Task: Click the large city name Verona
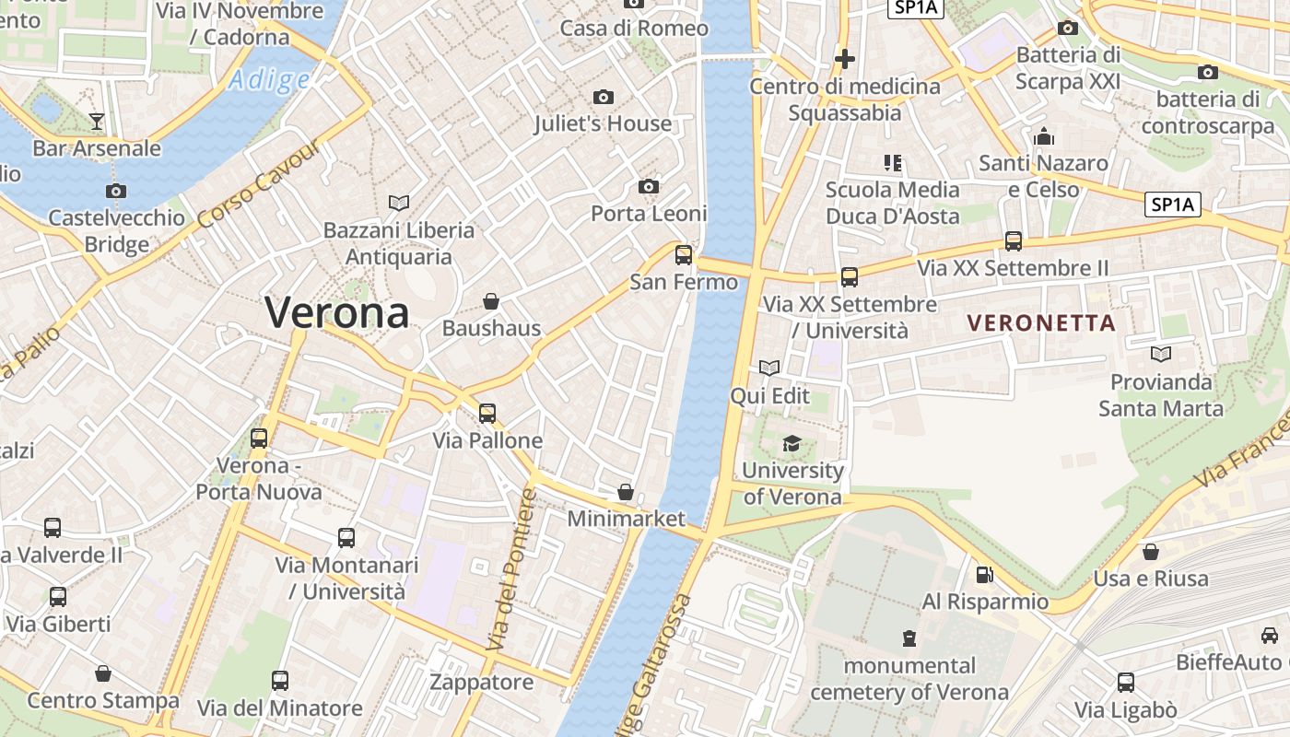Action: [337, 313]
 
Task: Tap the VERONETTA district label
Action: [1042, 323]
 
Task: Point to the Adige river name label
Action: [269, 80]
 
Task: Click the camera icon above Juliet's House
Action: [604, 97]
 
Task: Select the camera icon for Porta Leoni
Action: [649, 187]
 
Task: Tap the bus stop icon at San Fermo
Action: [684, 255]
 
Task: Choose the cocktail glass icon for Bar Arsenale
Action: [97, 121]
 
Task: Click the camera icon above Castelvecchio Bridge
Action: [116, 192]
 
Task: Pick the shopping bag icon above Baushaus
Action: [491, 301]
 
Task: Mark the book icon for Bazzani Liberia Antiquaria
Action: [399, 203]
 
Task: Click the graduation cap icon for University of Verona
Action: [792, 444]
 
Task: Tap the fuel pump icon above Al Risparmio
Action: [985, 575]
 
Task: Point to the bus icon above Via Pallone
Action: [487, 414]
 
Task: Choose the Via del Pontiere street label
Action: [512, 571]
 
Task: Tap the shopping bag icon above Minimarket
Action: [626, 492]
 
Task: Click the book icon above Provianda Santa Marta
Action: [1161, 354]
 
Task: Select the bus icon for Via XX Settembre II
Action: [1014, 241]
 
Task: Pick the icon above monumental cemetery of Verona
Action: [909, 638]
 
